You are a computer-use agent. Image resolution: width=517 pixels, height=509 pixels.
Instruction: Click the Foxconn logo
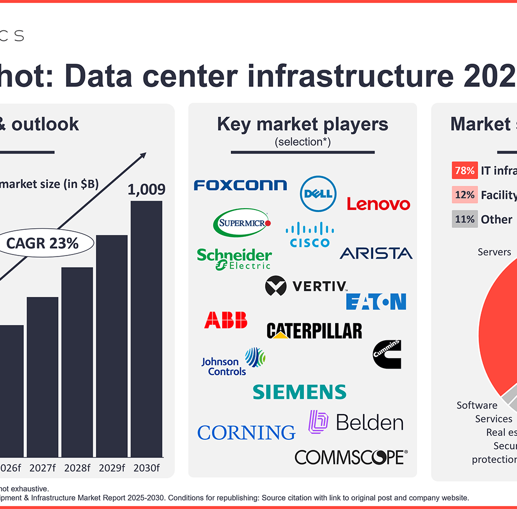(240, 185)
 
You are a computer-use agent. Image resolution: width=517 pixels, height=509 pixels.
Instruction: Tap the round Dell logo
(318, 193)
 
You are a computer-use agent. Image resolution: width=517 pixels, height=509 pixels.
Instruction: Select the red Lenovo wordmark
(378, 204)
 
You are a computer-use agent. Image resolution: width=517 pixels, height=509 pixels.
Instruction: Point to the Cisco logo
(309, 235)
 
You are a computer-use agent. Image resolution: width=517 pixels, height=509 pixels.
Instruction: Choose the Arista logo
(376, 253)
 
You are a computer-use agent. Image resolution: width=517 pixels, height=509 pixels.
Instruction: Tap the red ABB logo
(226, 320)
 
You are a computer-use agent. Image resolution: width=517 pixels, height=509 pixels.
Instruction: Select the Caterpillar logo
(314, 331)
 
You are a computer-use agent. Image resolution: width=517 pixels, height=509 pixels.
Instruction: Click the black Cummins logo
(387, 354)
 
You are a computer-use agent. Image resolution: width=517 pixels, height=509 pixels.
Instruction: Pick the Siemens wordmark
(299, 392)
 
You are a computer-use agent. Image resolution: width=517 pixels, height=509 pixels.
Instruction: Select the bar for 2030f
(146, 328)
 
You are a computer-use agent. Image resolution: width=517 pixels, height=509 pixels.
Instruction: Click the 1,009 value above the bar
(146, 190)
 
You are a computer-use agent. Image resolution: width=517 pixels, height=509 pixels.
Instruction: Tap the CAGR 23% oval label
(42, 243)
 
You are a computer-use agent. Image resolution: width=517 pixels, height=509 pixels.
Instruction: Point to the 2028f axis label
(77, 468)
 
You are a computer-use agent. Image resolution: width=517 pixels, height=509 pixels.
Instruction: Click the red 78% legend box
(464, 171)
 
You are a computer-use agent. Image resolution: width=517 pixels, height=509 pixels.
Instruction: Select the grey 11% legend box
(464, 219)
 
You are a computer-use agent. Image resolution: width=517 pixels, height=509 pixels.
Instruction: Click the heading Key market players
(302, 124)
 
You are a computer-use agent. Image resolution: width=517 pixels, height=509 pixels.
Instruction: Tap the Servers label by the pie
(494, 252)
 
